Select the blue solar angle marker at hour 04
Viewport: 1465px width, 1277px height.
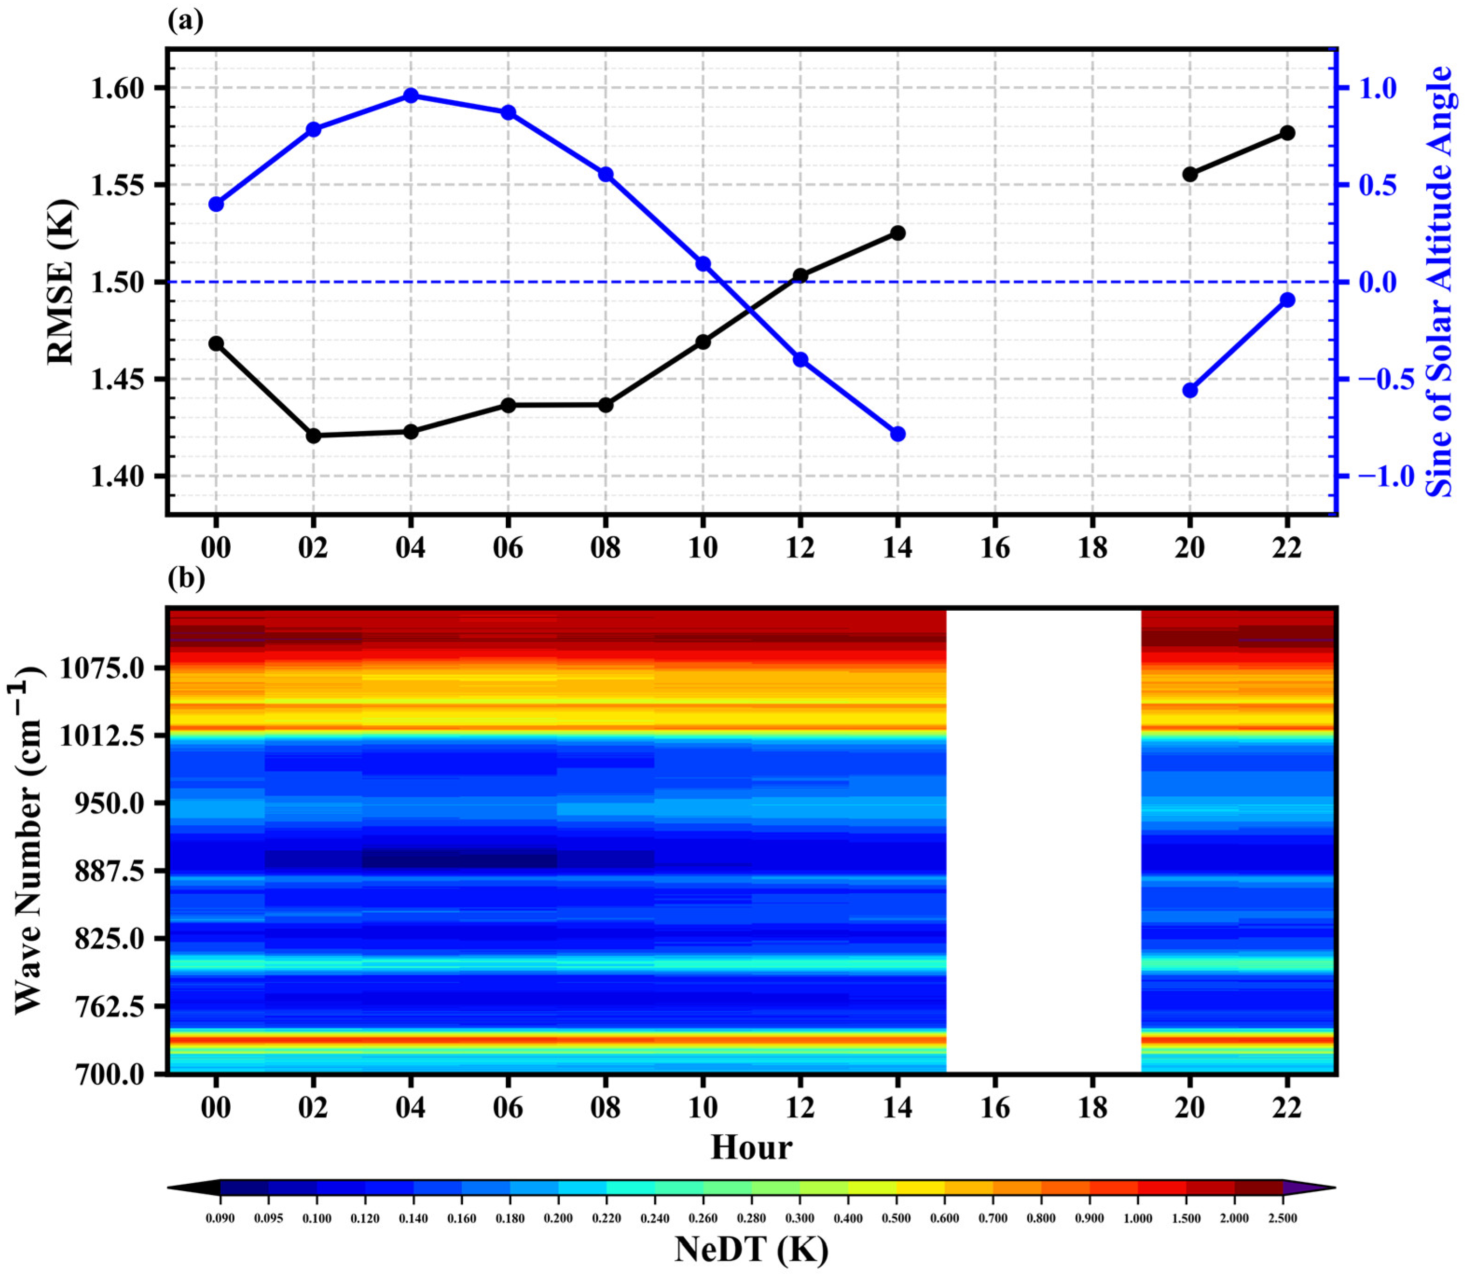point(411,96)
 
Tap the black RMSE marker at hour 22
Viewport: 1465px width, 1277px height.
point(1287,132)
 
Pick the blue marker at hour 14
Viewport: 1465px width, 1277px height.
point(898,434)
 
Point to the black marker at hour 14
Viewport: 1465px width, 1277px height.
point(898,233)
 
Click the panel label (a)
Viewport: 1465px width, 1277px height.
point(185,21)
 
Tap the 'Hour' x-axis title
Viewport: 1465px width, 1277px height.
point(751,1148)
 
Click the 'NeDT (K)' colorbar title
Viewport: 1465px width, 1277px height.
point(751,1249)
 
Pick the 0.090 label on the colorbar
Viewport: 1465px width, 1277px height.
point(220,1218)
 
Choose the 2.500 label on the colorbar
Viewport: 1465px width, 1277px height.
point(1283,1218)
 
